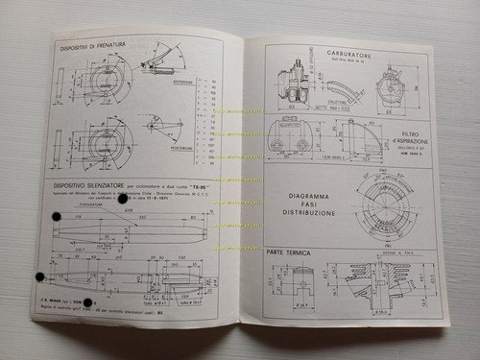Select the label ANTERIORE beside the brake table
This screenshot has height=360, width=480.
point(182,83)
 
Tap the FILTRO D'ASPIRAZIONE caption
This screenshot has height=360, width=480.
point(420,141)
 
